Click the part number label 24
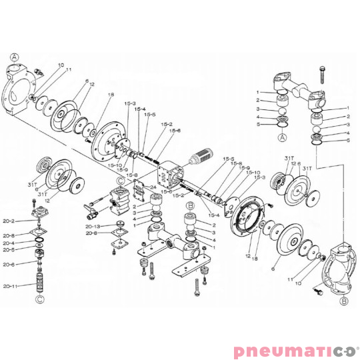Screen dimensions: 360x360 [153, 188]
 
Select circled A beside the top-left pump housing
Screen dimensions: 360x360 [15, 57]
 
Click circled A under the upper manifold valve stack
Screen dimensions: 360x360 [282, 137]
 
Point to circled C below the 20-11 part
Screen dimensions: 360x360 [39, 299]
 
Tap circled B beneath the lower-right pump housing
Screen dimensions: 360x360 [344, 301]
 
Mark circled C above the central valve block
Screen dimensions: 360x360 [120, 181]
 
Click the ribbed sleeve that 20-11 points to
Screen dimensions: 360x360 [39, 281]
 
